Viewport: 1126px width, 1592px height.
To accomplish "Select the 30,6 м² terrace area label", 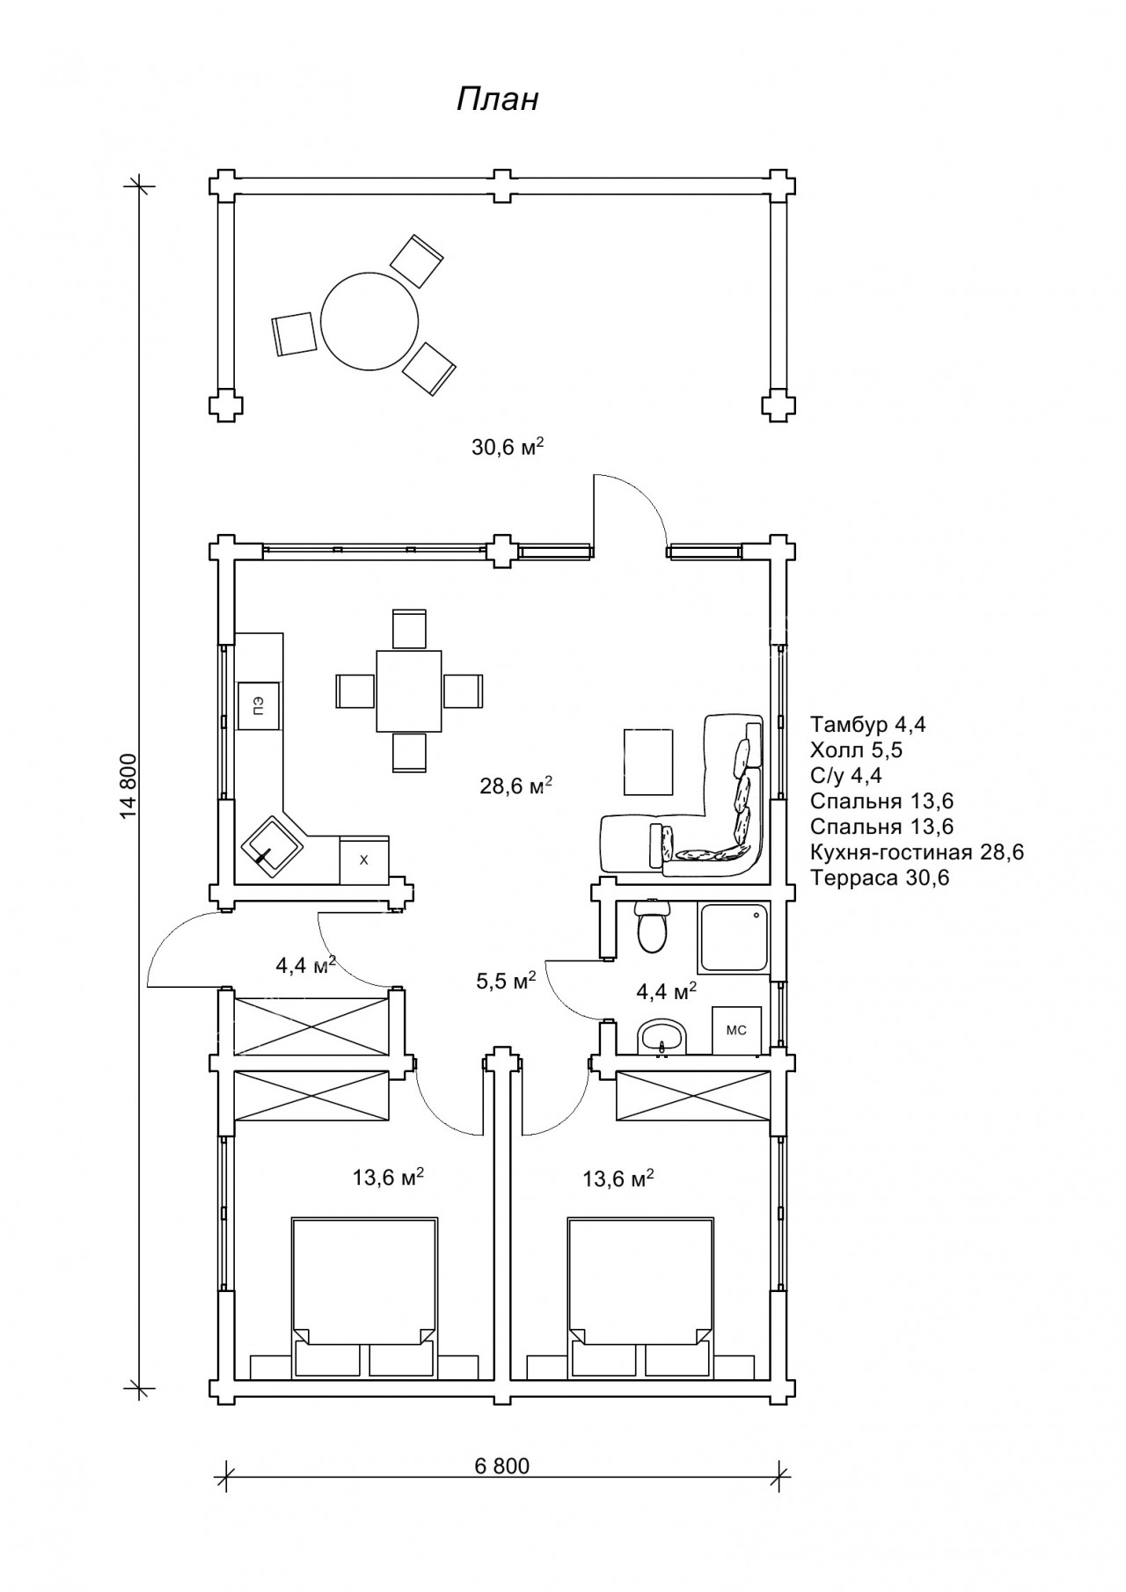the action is pyautogui.click(x=508, y=446).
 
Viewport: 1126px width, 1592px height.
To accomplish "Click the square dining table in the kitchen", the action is pyautogui.click(x=409, y=690).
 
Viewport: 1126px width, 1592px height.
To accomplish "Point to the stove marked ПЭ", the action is pyautogui.click(x=258, y=705).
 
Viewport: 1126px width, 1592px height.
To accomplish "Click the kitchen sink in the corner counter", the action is pyautogui.click(x=272, y=843).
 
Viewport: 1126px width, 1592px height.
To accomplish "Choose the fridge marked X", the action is pyautogui.click(x=364, y=859).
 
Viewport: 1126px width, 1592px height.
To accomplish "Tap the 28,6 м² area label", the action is pyautogui.click(x=515, y=785).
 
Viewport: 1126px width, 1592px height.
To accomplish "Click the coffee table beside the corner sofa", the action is pyautogui.click(x=649, y=762).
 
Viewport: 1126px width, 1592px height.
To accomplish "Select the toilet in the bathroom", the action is pyautogui.click(x=652, y=926).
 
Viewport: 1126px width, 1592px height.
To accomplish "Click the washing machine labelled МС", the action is pyautogui.click(x=735, y=1029).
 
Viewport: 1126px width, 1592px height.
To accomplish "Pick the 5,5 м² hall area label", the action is pyautogui.click(x=506, y=981).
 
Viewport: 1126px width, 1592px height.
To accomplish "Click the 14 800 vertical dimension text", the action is pyautogui.click(x=129, y=786).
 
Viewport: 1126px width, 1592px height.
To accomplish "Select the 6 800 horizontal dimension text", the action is pyautogui.click(x=502, y=1465).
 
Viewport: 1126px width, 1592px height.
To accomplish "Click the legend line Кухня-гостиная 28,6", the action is pyautogui.click(x=918, y=852).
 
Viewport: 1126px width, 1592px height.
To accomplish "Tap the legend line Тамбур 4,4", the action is pyautogui.click(x=868, y=725).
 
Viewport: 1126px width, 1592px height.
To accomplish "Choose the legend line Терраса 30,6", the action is pyautogui.click(x=880, y=878).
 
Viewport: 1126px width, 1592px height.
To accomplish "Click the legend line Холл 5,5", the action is pyautogui.click(x=857, y=750).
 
